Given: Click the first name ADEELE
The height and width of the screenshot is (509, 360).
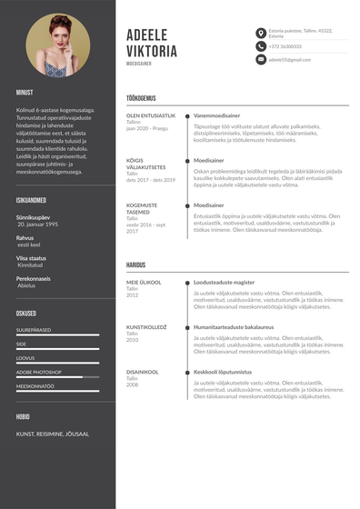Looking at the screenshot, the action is tap(152, 34).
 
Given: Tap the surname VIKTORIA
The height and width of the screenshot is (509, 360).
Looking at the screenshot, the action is tap(152, 52).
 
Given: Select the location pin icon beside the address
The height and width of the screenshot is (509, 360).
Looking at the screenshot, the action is tap(260, 33).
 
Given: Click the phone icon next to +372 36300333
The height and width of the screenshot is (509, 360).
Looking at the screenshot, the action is tap(260, 45).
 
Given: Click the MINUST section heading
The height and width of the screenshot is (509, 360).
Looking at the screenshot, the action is tap(25, 93).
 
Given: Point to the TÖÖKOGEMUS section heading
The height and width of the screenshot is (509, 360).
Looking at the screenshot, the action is tap(141, 98).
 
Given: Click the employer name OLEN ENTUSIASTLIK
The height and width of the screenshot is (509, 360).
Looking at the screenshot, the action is tap(151, 116).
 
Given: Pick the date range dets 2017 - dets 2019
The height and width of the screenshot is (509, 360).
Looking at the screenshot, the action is tap(151, 180).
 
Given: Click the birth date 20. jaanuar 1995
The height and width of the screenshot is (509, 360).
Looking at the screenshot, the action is tap(37, 224).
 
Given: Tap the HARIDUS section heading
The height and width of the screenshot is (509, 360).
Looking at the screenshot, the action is tap(135, 265).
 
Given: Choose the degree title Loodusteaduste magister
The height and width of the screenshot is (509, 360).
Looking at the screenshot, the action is tap(223, 283).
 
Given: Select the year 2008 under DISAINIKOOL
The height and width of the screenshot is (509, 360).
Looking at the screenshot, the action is tap(132, 385).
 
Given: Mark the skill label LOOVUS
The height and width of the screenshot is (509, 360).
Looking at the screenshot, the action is tap(25, 357).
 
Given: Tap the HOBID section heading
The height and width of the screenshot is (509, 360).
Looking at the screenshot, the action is tap(23, 417).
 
